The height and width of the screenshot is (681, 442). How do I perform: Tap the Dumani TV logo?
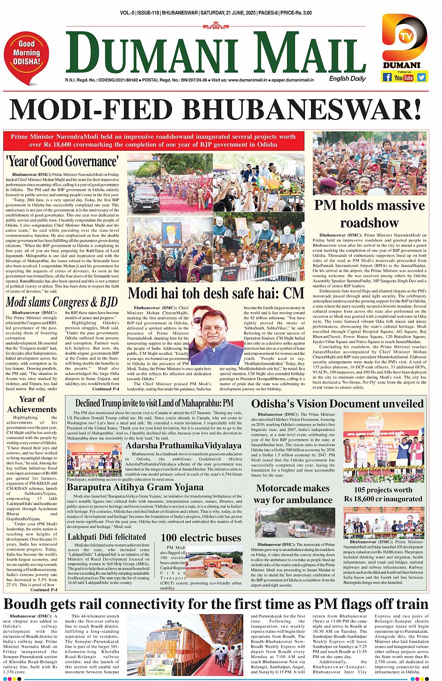(404, 37)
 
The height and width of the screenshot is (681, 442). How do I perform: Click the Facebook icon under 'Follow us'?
(387, 77)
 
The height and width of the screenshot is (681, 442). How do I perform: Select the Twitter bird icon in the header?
(421, 77)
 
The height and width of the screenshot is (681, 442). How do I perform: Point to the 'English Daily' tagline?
(347, 79)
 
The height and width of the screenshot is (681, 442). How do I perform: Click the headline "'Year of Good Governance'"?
(62, 161)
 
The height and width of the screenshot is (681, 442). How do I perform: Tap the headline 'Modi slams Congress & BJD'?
(61, 302)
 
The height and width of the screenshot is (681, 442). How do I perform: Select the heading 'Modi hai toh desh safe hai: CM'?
(216, 293)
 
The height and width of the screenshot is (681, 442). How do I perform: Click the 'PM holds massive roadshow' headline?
(369, 214)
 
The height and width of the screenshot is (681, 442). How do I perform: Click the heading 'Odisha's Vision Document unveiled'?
(337, 403)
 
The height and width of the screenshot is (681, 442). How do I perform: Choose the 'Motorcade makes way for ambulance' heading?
(293, 494)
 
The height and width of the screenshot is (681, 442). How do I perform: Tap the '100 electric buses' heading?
(201, 538)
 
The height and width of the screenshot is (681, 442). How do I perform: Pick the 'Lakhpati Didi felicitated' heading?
(107, 537)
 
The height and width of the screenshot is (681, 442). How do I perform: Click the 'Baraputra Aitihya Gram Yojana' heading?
(135, 487)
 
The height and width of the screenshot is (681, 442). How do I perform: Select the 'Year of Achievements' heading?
(32, 404)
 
